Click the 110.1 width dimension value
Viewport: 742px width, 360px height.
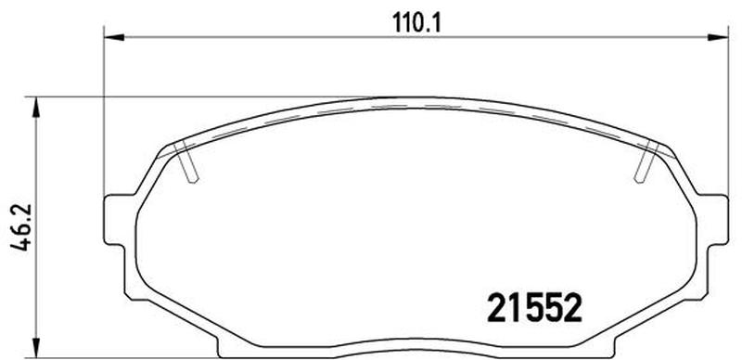(x=416, y=23)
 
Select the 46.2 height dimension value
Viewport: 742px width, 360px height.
(x=20, y=227)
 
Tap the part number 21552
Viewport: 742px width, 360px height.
(x=534, y=307)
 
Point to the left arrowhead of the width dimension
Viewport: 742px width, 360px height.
(x=114, y=37)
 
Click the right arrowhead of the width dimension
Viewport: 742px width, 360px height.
(x=717, y=37)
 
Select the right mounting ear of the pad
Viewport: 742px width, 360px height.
(x=714, y=220)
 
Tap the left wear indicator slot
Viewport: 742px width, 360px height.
(x=186, y=162)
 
